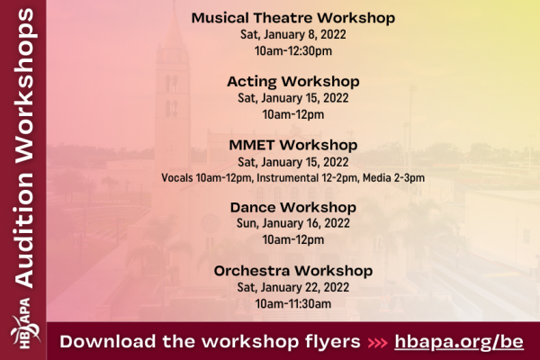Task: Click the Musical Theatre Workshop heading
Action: tap(292, 18)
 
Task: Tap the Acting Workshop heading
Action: tap(292, 81)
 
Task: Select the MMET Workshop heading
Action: tap(292, 144)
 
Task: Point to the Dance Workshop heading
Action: tap(292, 207)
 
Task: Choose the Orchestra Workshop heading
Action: tap(292, 270)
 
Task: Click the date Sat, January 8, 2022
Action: tap(292, 35)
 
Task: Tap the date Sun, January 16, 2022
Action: tap(292, 224)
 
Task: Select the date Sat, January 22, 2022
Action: tap(292, 287)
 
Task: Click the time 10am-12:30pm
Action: tap(292, 51)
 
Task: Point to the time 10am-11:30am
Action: tap(292, 303)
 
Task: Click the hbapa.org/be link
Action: tap(460, 342)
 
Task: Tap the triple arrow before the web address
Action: tap(378, 343)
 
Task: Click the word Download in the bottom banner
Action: tap(106, 342)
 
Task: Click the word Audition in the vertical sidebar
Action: tap(24, 234)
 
